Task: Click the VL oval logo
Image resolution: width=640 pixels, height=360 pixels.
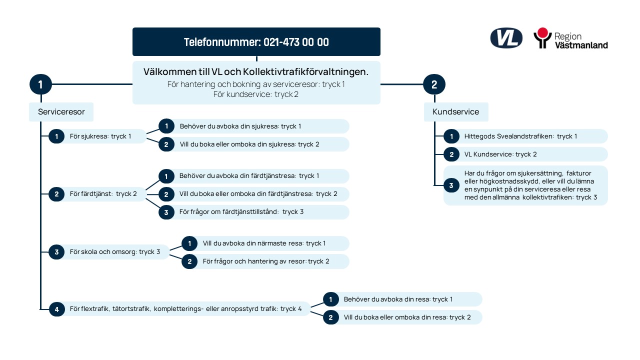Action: [x=506, y=38]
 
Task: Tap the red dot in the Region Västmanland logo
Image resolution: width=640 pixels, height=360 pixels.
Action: [x=542, y=33]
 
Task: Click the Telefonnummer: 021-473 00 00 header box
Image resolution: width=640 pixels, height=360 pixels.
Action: [x=256, y=41]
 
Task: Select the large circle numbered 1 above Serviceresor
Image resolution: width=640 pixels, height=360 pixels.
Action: [x=40, y=84]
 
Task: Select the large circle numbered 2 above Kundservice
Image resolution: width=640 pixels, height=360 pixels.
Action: [x=434, y=84]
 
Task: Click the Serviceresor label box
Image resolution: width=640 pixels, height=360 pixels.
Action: [x=61, y=111]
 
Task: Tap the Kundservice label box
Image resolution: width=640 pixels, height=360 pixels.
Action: [x=456, y=111]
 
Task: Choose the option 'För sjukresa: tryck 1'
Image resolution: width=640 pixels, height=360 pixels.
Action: [x=100, y=136]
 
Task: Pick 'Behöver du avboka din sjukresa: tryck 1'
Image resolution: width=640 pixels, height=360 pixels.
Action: [x=240, y=126]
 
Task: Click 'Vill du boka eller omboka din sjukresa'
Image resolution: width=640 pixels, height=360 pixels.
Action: [x=238, y=144]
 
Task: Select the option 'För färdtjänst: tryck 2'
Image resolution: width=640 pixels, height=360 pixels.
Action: [x=103, y=194]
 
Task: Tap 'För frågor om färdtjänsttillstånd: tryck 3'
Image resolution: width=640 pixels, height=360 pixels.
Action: [x=241, y=212]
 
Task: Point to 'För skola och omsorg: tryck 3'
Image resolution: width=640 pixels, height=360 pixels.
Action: [x=115, y=252]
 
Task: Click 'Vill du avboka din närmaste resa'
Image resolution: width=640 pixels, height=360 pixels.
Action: [x=253, y=243]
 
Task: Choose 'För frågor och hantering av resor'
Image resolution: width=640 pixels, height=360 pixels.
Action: [x=254, y=261]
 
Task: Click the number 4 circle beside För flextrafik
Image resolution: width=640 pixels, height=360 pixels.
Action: [x=56, y=309]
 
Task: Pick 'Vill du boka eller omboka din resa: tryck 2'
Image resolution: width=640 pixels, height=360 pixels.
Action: [x=407, y=317]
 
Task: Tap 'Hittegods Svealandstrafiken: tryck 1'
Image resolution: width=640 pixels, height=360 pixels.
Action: [x=520, y=136]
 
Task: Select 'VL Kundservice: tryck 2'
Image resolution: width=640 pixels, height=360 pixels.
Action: [x=500, y=154]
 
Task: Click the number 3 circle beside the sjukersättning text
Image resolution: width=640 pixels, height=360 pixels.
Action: [x=451, y=185]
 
